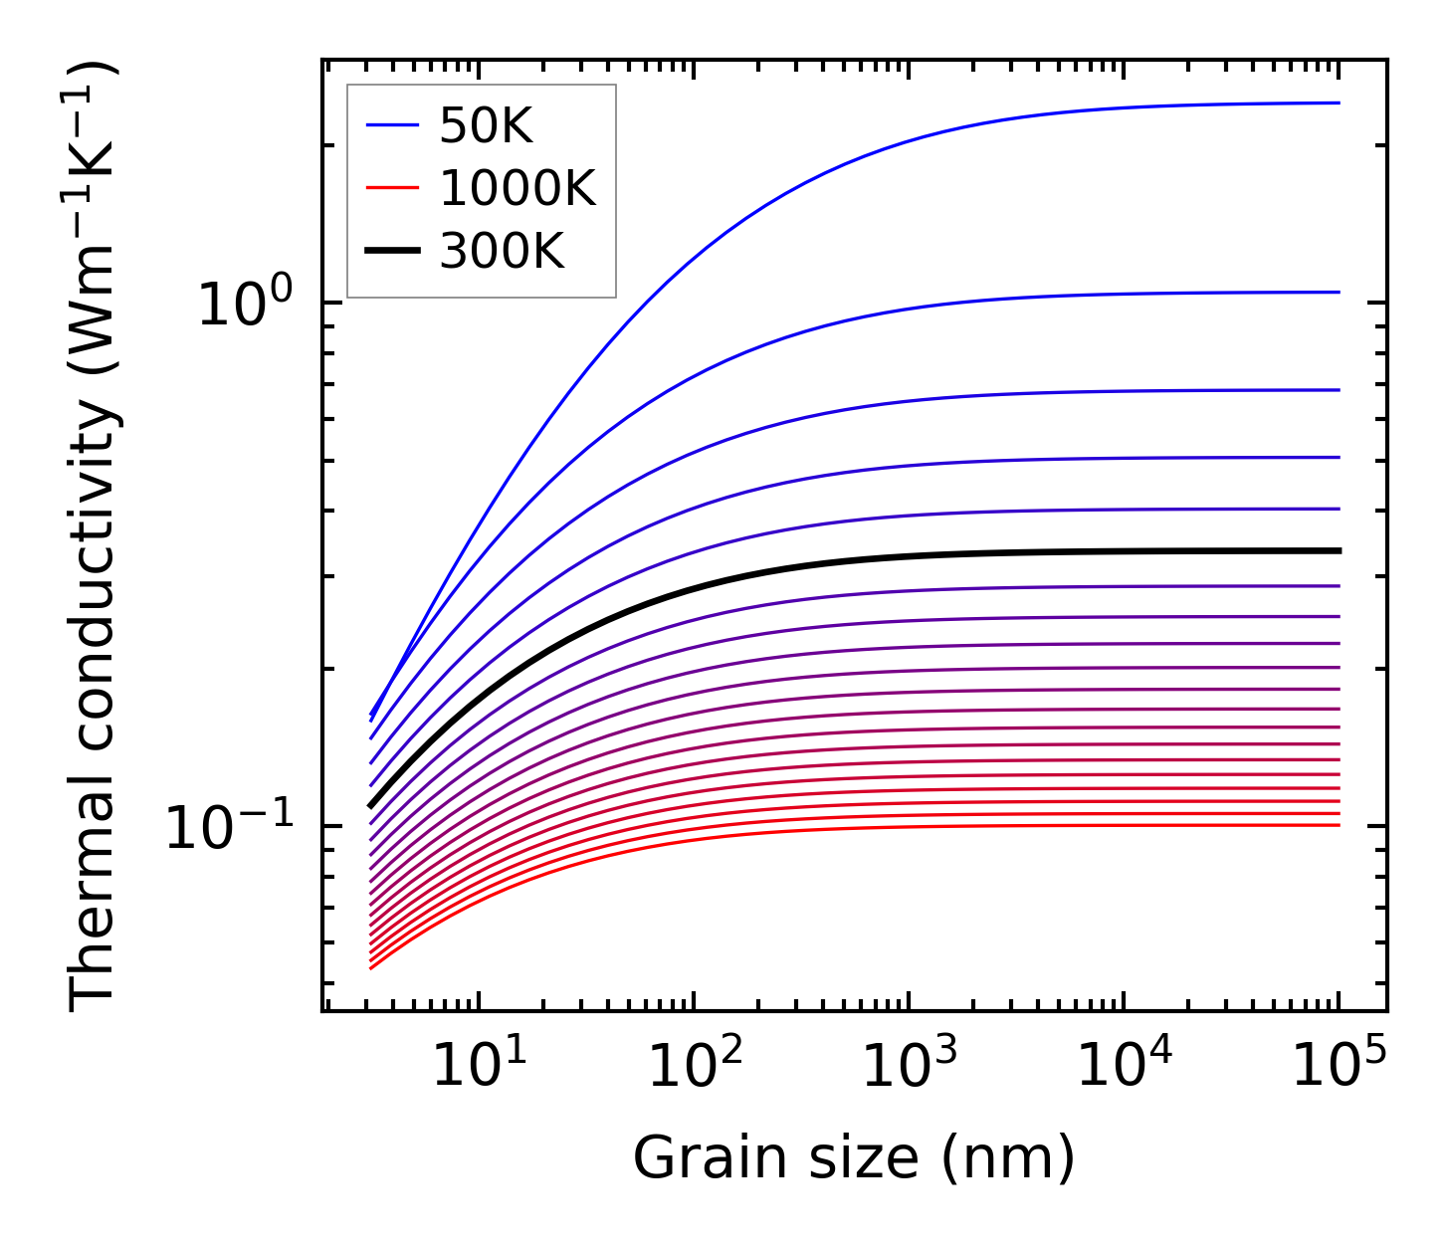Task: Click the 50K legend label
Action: (x=487, y=126)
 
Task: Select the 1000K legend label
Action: (x=517, y=189)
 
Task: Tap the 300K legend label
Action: (x=502, y=252)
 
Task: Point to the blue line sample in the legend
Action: (x=393, y=125)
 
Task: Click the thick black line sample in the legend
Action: (x=393, y=252)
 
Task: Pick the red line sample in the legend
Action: (x=393, y=189)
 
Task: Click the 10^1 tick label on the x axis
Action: (x=479, y=1066)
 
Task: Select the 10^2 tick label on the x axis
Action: (x=694, y=1066)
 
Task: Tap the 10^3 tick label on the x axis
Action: (x=909, y=1066)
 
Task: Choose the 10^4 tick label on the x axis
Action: (x=1124, y=1066)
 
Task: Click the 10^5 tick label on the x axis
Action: (x=1339, y=1066)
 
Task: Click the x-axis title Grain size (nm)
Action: (x=854, y=1158)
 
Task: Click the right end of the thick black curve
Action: (x=1340, y=550)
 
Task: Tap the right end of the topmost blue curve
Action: (x=1340, y=103)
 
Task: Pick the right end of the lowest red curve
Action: (x=1340, y=825)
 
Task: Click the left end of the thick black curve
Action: (x=370, y=806)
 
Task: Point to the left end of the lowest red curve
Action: (x=370, y=968)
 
